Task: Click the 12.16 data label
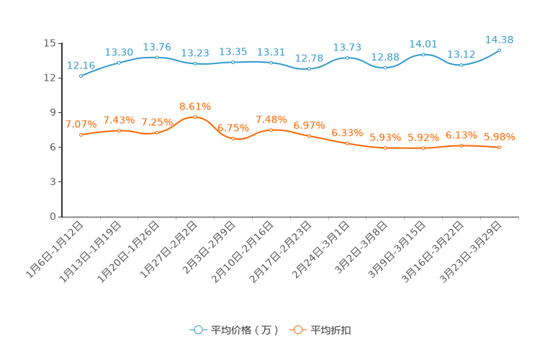(81, 65)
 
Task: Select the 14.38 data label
(500, 40)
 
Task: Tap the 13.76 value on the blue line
(157, 47)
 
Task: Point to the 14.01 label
(423, 44)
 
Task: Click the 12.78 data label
(309, 58)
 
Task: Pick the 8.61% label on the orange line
(195, 107)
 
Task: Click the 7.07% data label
(81, 125)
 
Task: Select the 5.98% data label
(500, 137)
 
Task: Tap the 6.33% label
(347, 133)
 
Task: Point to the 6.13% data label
(462, 135)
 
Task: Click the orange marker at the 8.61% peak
(195, 117)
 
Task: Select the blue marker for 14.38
(500, 50)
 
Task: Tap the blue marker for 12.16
(81, 76)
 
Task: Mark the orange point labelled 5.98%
(500, 147)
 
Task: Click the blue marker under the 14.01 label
(423, 55)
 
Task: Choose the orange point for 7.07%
(81, 135)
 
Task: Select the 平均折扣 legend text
(331, 330)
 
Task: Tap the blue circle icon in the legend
(199, 330)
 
